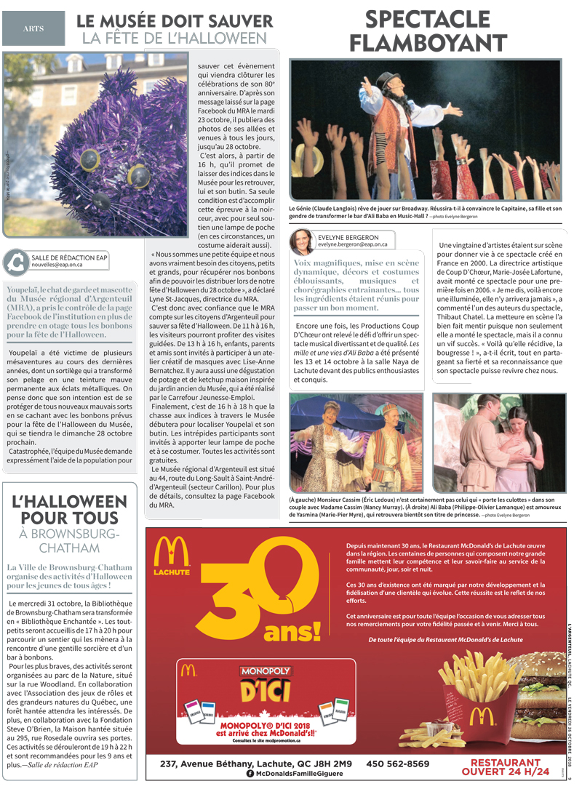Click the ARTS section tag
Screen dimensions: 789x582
pos(33,28)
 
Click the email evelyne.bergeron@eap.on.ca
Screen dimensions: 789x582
pos(352,245)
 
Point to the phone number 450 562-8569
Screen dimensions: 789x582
pos(398,764)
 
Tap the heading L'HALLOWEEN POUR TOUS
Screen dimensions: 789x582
pos(70,510)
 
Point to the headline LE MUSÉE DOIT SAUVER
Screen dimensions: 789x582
pos(175,23)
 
